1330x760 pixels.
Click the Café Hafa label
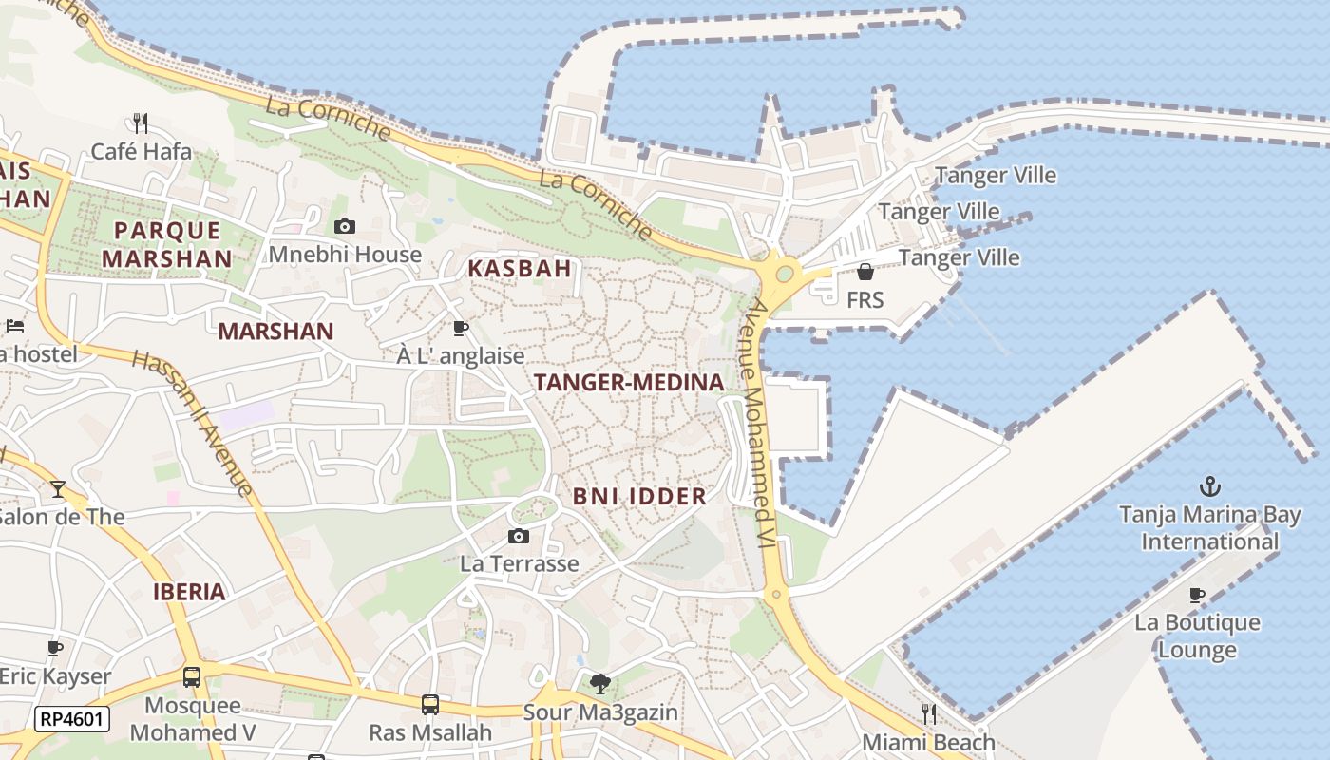click(x=141, y=151)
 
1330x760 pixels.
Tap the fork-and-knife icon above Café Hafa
click(x=141, y=123)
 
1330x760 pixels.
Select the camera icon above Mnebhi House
click(x=345, y=226)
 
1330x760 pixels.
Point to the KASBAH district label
click(x=520, y=269)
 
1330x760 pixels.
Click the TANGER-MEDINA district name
click(x=629, y=382)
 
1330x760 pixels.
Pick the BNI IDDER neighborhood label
click(x=639, y=496)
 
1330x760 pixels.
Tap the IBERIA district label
click(x=190, y=592)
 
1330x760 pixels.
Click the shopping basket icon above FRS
click(x=864, y=273)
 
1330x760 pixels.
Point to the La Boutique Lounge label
click(x=1197, y=636)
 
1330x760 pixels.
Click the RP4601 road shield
click(x=72, y=719)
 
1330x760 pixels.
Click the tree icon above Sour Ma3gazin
click(x=599, y=683)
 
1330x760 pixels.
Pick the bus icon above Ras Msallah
click(x=430, y=705)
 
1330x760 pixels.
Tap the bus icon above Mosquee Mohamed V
click(x=192, y=677)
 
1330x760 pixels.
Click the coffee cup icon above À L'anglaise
click(x=461, y=329)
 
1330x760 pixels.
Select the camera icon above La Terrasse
click(x=518, y=537)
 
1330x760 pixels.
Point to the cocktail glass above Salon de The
click(x=58, y=488)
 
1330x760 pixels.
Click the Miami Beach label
click(x=928, y=742)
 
